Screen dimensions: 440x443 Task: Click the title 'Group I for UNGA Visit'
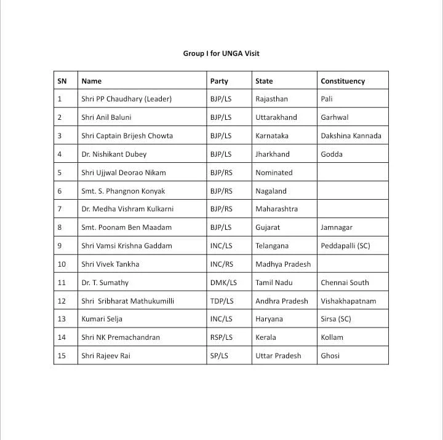[221, 53]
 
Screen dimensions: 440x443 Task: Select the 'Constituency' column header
[343, 81]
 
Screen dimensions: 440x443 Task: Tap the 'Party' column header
[219, 81]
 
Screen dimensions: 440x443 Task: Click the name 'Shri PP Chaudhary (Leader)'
[126, 99]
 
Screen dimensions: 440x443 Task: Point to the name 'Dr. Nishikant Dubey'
[114, 154]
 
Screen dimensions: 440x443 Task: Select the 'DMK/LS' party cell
[223, 283]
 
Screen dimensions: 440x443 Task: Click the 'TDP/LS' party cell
[221, 301]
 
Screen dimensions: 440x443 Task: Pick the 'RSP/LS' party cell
[221, 337]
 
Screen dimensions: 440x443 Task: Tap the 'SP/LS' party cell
[219, 356]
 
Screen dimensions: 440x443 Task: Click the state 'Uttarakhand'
[276, 117]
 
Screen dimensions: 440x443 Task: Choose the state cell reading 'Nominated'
[274, 173]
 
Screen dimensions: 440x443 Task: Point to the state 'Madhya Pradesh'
[283, 264]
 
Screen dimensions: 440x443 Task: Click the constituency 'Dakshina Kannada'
[351, 136]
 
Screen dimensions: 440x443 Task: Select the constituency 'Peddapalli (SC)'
[345, 246]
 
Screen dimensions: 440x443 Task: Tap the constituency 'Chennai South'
[345, 283]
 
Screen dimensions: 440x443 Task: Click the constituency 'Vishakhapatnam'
[348, 301]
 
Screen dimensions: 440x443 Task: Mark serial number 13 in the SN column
[62, 319]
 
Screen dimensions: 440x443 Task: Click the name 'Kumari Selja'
[102, 319]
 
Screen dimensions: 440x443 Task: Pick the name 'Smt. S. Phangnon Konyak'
[123, 191]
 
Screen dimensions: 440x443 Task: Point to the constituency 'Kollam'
[332, 337]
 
